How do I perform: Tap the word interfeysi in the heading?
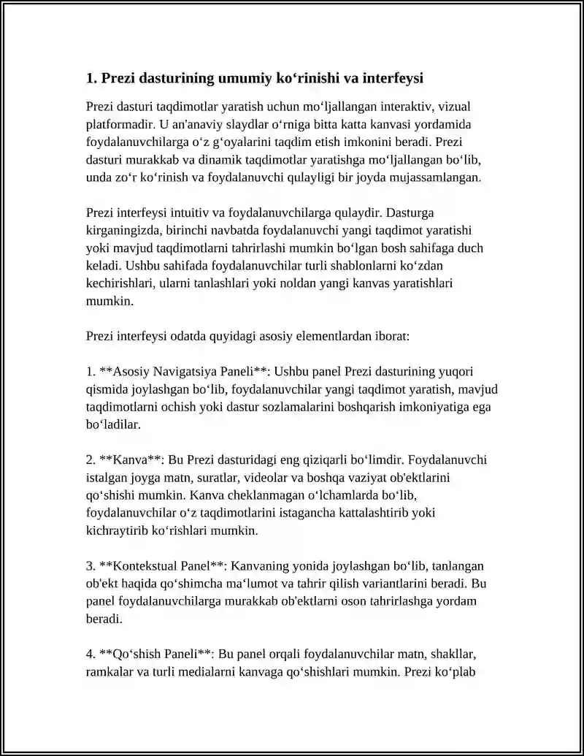[389, 77]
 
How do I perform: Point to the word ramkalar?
[109, 671]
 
